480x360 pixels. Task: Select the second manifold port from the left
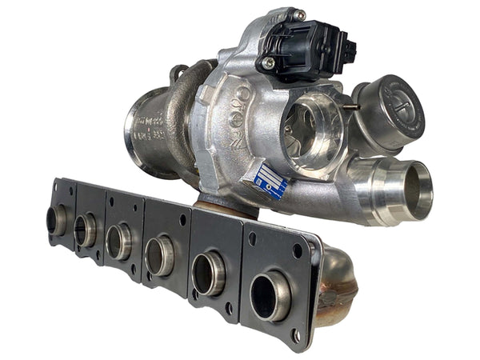pyautogui.click(x=85, y=230)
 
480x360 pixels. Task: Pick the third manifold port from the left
pyautogui.click(x=118, y=242)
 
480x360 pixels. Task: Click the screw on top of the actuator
pyautogui.click(x=298, y=15)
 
